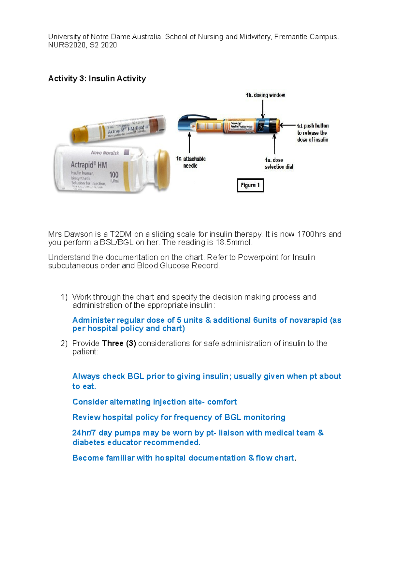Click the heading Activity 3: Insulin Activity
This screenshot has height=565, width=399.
(97, 79)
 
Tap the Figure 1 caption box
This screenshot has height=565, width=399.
(250, 185)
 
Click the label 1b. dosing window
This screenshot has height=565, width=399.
(265, 95)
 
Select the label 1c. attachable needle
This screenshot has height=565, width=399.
(191, 162)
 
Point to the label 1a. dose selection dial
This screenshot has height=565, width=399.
(279, 163)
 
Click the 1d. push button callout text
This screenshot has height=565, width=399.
(313, 133)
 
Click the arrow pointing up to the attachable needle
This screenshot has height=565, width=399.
(189, 142)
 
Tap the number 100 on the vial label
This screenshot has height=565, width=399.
(114, 175)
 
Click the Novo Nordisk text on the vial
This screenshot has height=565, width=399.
(105, 153)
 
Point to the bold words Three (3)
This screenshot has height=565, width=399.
(119, 343)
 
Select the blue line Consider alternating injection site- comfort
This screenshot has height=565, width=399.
(154, 402)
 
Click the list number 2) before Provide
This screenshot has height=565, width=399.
(64, 343)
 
